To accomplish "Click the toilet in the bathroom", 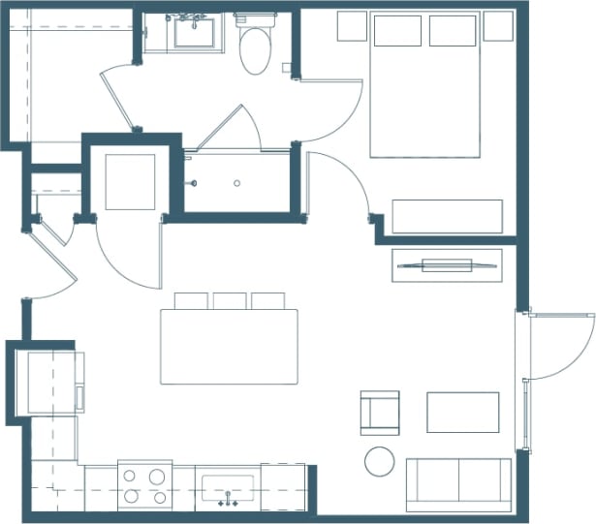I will coord(256,46).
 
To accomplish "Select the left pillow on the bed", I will coord(396,30).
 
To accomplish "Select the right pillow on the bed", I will coord(453,30).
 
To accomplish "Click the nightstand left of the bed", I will coord(352,26).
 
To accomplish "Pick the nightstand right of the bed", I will coord(497,26).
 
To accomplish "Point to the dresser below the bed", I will coord(447,216).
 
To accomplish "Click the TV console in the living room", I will coord(447,264).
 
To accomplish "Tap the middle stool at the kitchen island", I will coord(230,300).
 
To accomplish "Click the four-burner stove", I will coord(144,486).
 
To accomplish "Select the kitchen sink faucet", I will coord(229,501).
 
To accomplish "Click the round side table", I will coord(379,461).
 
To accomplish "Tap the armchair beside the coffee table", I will coord(379,412).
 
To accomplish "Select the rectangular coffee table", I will coord(462,412).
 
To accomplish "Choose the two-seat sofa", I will coord(458,483).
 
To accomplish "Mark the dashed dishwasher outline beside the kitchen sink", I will coord(283,486).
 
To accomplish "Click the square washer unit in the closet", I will coord(130,182).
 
